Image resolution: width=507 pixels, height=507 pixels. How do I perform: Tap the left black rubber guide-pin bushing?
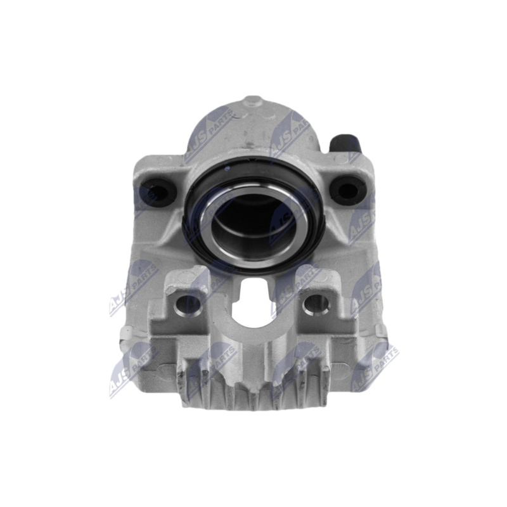pyautogui.click(x=157, y=191)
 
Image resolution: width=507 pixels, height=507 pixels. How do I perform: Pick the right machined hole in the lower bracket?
pyautogui.click(x=316, y=305)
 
